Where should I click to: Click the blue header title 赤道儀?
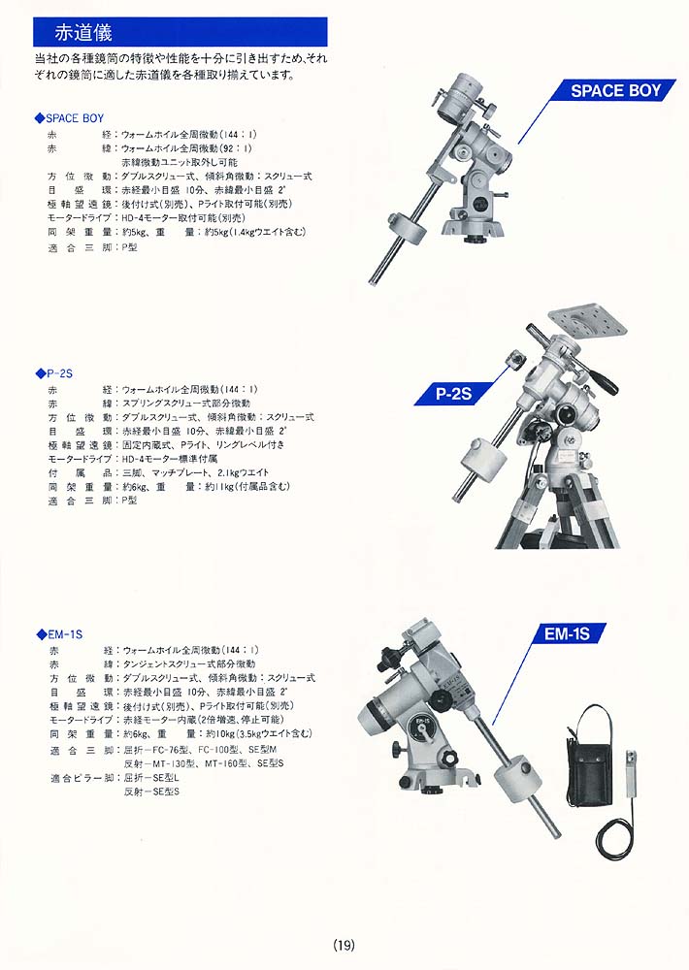pyautogui.click(x=82, y=32)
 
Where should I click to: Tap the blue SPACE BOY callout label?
pyautogui.click(x=613, y=90)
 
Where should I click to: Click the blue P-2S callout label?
pyautogui.click(x=454, y=394)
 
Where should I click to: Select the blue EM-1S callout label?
pyautogui.click(x=567, y=634)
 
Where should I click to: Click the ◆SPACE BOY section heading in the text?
pyautogui.click(x=69, y=118)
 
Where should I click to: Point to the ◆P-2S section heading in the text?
pyautogui.click(x=53, y=373)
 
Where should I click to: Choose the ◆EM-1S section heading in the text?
pyautogui.click(x=59, y=634)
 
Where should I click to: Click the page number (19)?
pyautogui.click(x=344, y=945)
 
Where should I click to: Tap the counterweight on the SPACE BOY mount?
pyautogui.click(x=408, y=230)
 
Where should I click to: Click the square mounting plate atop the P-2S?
pyautogui.click(x=585, y=325)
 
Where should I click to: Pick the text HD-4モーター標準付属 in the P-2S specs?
pyautogui.click(x=170, y=459)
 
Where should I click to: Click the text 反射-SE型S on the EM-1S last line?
pyautogui.click(x=151, y=792)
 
